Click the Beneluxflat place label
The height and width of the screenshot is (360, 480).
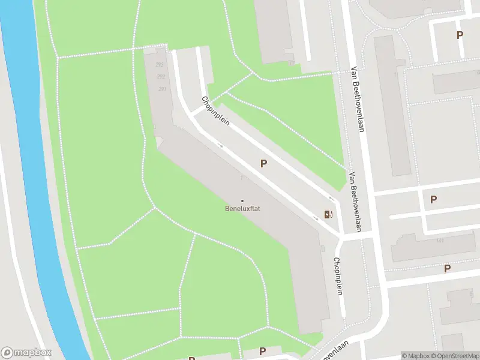[x=242, y=209]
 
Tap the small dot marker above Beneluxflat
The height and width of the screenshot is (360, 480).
[x=242, y=200]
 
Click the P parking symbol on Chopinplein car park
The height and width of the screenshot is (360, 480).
[x=263, y=163]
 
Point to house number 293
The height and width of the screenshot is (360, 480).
[x=159, y=65]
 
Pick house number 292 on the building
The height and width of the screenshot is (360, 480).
[x=161, y=77]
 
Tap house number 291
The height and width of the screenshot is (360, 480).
[x=162, y=89]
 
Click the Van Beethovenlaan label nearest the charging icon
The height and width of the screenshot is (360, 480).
[x=356, y=202]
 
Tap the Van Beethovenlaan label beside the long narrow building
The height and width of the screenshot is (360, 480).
[x=358, y=98]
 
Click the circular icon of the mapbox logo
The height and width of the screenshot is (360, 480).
[x=8, y=353]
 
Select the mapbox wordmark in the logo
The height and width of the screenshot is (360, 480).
[x=33, y=353]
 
